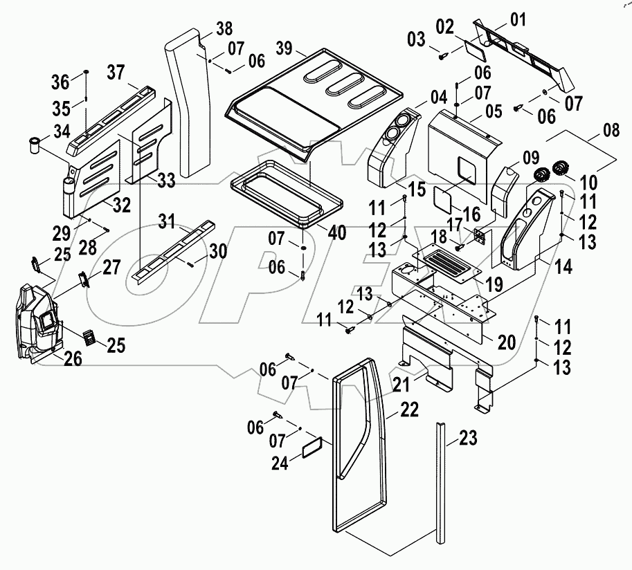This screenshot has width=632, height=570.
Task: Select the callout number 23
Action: point(469,438)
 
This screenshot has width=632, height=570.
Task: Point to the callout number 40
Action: point(338,232)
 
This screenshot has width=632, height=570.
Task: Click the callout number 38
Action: point(224,29)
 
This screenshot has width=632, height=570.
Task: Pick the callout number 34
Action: point(62,131)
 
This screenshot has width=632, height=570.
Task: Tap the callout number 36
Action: point(61,82)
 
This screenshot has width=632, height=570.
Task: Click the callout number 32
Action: point(122,205)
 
